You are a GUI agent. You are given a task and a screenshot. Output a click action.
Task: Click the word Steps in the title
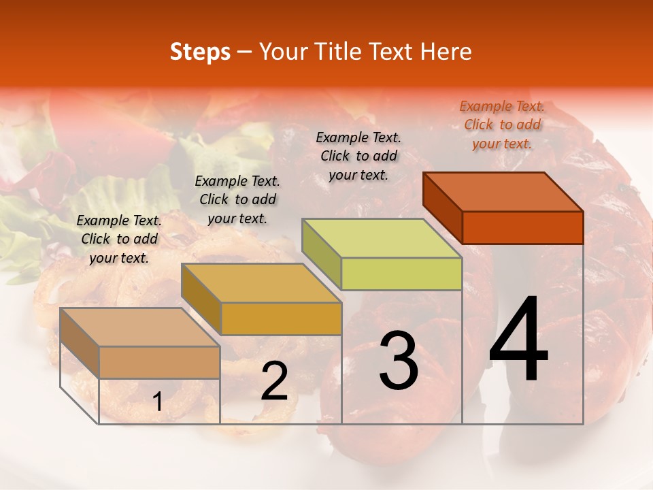click(x=200, y=52)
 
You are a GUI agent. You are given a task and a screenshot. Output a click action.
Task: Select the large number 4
click(x=518, y=340)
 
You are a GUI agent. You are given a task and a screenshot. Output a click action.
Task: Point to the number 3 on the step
click(x=398, y=361)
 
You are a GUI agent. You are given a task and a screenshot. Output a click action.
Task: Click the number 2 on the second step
click(x=274, y=382)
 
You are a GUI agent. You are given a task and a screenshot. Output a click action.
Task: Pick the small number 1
click(x=157, y=402)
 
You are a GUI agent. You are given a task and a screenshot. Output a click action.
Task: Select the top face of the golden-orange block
click(x=261, y=283)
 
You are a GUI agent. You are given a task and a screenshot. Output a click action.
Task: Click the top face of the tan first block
click(x=140, y=327)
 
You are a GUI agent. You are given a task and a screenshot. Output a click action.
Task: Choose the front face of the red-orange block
click(x=522, y=227)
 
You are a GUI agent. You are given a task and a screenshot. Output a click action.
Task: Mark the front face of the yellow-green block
click(x=401, y=274)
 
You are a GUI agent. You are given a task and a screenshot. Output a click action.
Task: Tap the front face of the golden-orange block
click(x=281, y=318)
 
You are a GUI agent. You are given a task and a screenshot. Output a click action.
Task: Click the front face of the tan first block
click(x=159, y=362)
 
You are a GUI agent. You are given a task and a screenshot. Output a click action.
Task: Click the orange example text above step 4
click(x=502, y=125)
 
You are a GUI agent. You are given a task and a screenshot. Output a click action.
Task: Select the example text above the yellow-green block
click(x=358, y=156)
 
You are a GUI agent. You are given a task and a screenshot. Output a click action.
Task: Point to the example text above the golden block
click(x=237, y=199)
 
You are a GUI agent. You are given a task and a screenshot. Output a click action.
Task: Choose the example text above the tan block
click(x=119, y=239)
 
